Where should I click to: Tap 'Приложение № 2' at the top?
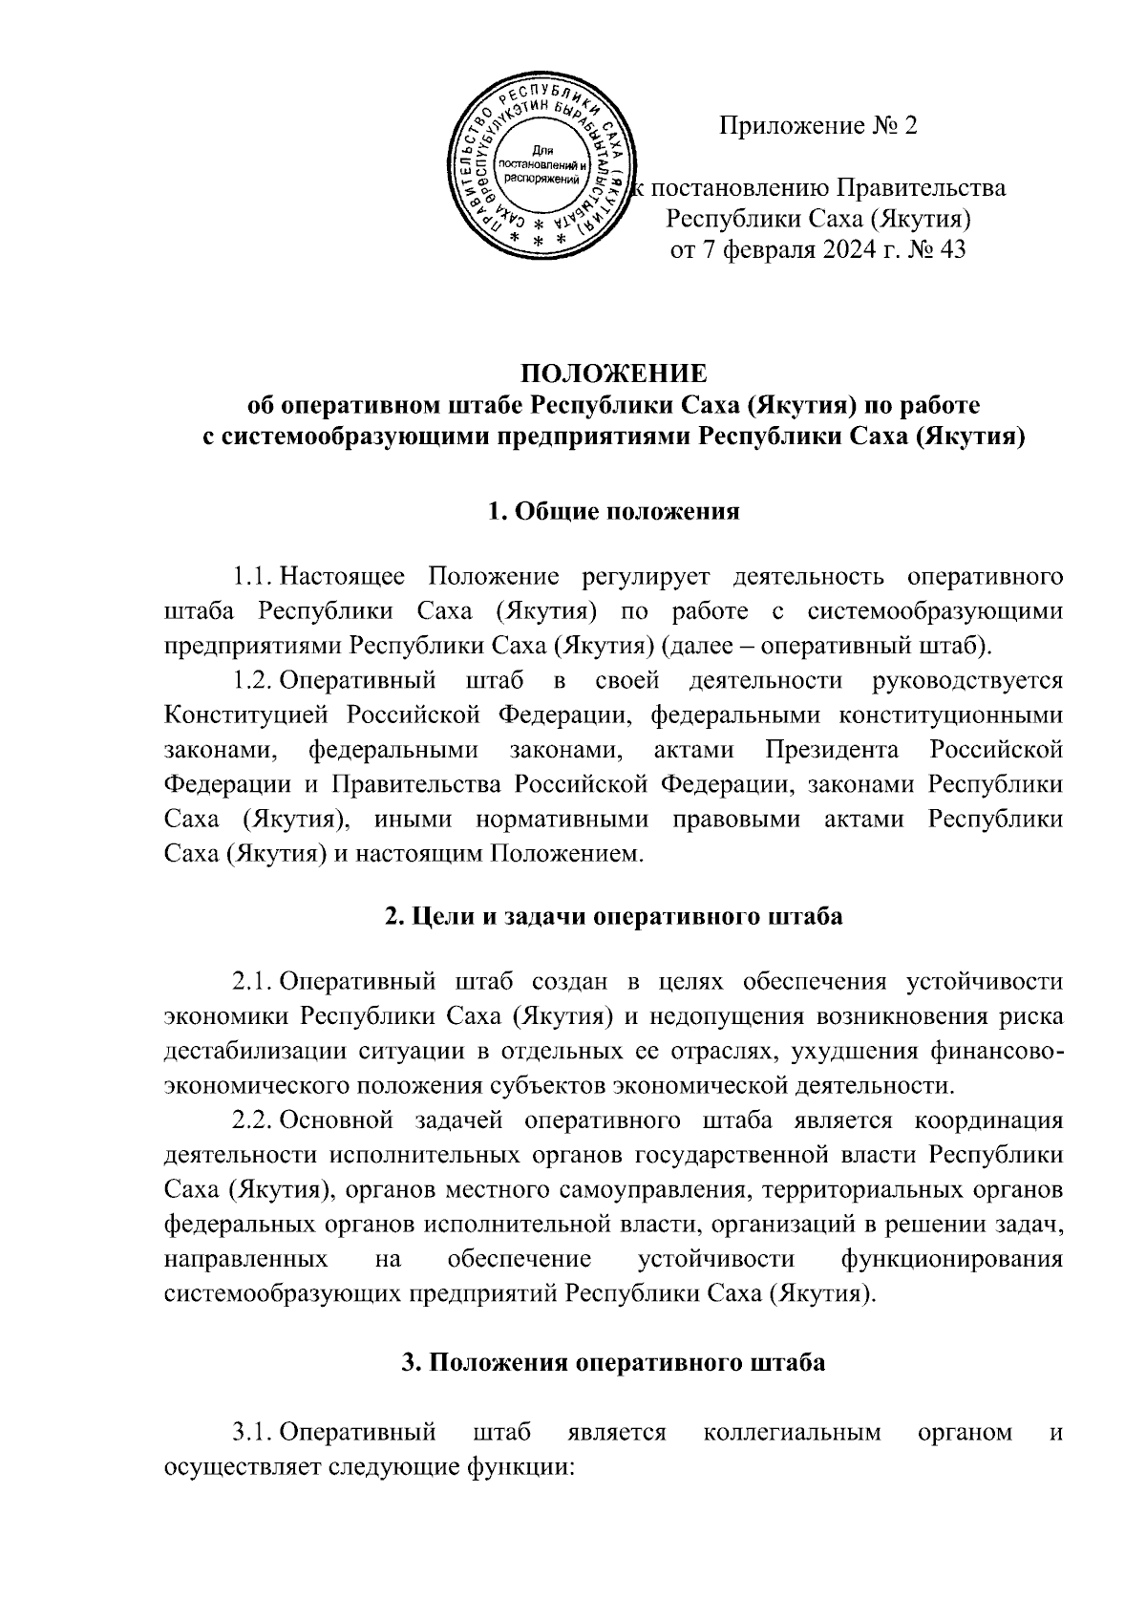coord(817,126)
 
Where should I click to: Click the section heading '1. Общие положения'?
coord(613,511)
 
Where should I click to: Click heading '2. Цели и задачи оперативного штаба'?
coord(613,917)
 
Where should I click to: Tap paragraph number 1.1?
coord(253,577)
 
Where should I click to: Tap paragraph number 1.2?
coord(253,680)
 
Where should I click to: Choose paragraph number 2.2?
coord(253,1120)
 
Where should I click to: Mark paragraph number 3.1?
coord(253,1433)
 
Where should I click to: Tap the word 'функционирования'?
coord(951,1258)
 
